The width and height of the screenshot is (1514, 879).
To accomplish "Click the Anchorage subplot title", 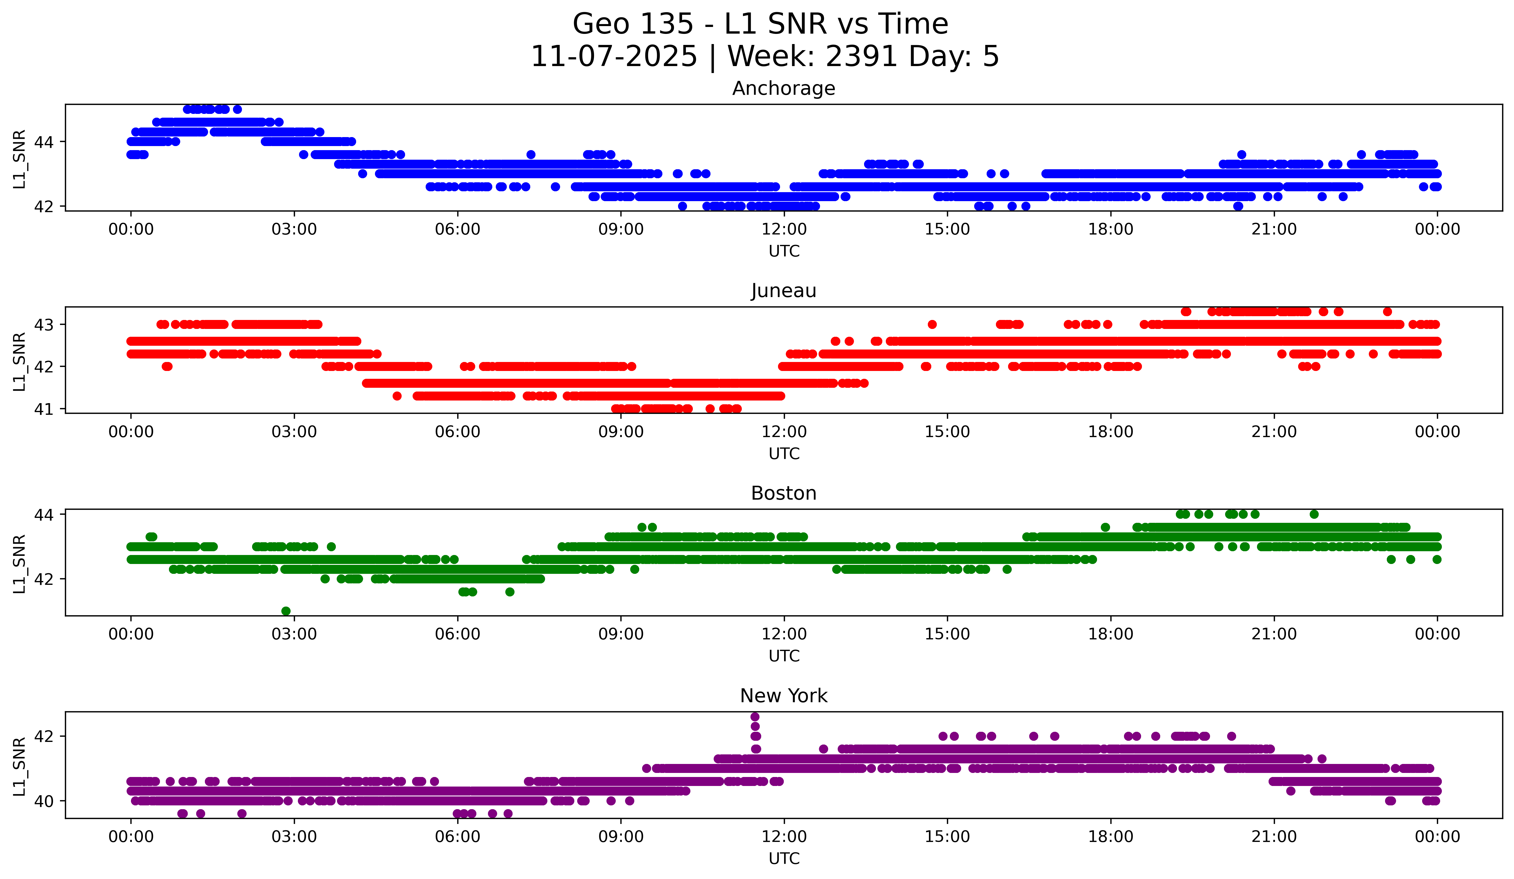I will [784, 88].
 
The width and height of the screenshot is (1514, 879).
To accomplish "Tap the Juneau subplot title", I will [784, 291].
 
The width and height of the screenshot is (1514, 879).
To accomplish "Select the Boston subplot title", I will [784, 493].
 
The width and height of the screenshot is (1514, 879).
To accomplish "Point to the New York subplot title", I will [784, 696].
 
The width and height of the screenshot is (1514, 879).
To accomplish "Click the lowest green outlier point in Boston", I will [286, 611].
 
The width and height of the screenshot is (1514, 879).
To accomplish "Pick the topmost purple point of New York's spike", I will [755, 717].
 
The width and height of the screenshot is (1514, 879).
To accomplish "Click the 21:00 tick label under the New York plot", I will [1274, 836].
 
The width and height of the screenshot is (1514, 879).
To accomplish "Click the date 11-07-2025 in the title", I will [614, 57].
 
